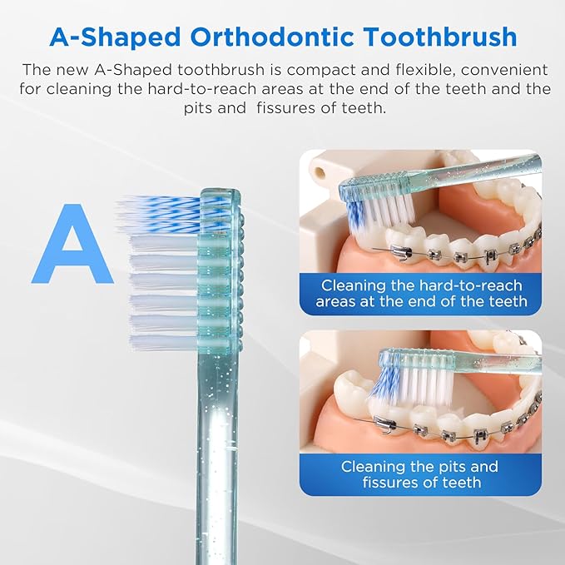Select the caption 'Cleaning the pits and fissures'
pos(420,474)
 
